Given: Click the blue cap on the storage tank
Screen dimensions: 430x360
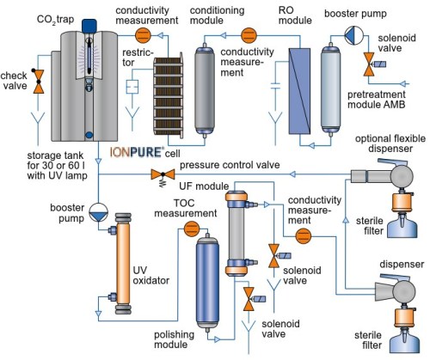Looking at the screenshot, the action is pyautogui.click(x=89, y=26).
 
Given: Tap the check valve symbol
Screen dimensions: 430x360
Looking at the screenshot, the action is pyautogui.click(x=39, y=82).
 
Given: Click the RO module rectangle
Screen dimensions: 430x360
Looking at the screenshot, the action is pyautogui.click(x=299, y=91).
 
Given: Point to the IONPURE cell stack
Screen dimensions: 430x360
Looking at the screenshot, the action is pyautogui.click(x=169, y=96).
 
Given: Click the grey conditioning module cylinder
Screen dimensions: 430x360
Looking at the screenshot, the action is pyautogui.click(x=205, y=90).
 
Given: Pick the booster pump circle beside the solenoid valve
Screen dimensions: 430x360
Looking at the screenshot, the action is pyautogui.click(x=353, y=35).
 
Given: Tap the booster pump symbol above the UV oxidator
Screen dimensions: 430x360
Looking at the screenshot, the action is pyautogui.click(x=98, y=212).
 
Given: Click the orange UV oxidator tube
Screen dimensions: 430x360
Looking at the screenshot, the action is pyautogui.click(x=123, y=264).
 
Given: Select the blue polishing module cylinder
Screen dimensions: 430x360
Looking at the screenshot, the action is pyautogui.click(x=207, y=283).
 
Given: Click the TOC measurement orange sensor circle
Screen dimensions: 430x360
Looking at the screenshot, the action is pyautogui.click(x=192, y=229).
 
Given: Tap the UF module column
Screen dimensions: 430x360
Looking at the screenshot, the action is pyautogui.click(x=236, y=234).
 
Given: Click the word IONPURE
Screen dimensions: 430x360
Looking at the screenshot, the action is pyautogui.click(x=137, y=152).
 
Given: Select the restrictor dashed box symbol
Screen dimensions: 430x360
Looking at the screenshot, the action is pyautogui.click(x=132, y=87).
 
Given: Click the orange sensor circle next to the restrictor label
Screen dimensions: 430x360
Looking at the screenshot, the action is pyautogui.click(x=143, y=35).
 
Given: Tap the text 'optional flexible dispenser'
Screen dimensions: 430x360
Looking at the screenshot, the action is pyautogui.click(x=390, y=143).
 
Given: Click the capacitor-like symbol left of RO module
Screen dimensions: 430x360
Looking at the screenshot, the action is pyautogui.click(x=275, y=86).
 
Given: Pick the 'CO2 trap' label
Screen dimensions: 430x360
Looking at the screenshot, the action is pyautogui.click(x=55, y=20).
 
